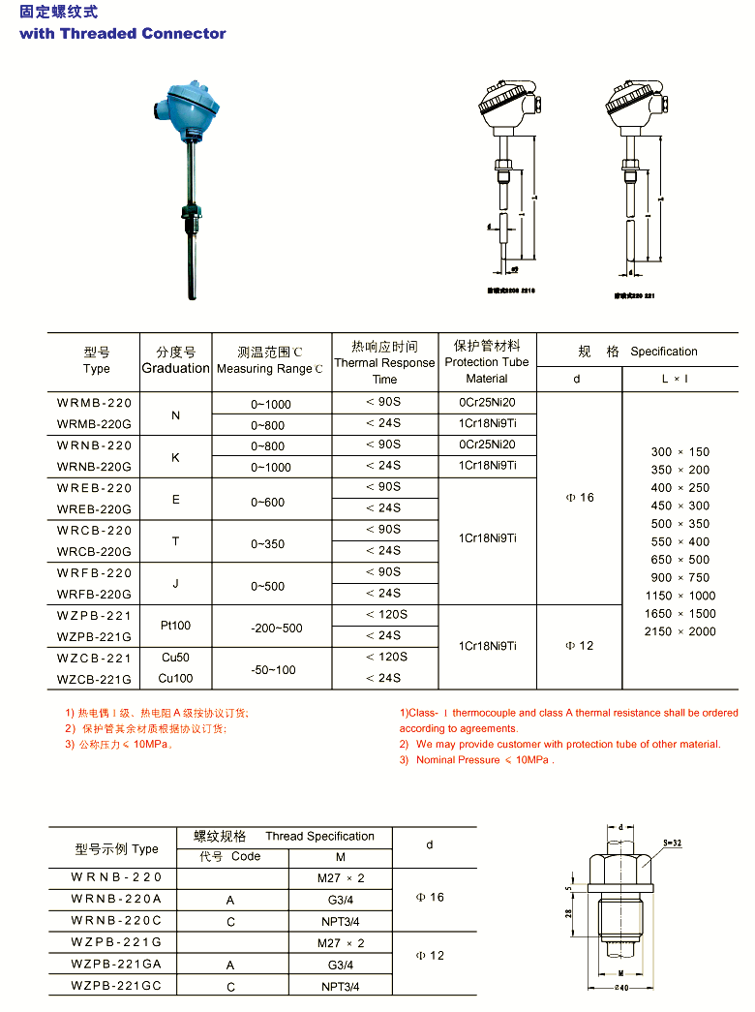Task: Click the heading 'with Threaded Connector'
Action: [x=123, y=34]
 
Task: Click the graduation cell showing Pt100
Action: [x=175, y=627]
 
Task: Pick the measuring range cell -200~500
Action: [x=276, y=628]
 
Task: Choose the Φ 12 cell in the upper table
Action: [x=579, y=646]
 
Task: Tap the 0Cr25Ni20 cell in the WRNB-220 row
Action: [x=487, y=445]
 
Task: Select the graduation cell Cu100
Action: [x=175, y=678]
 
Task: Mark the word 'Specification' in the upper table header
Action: [x=663, y=352]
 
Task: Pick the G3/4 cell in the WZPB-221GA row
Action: [x=340, y=966]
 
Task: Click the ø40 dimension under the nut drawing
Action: [x=621, y=988]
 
